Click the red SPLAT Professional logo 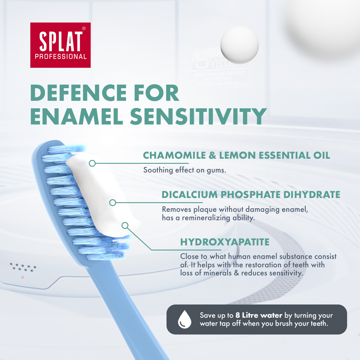(x=60, y=45)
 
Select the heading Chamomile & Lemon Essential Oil (x=236, y=155)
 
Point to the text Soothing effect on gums (x=184, y=170)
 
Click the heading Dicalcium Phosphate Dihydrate (x=251, y=195)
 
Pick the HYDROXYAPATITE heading (x=225, y=242)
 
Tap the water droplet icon (x=184, y=319)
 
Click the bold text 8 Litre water (x=259, y=315)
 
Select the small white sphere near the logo (x=239, y=45)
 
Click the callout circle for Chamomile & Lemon (x=92, y=163)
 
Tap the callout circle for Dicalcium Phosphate (x=112, y=203)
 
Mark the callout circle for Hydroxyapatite (x=125, y=225)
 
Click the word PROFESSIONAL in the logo (x=61, y=56)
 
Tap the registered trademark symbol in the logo (x=84, y=28)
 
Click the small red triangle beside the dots (x=22, y=277)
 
